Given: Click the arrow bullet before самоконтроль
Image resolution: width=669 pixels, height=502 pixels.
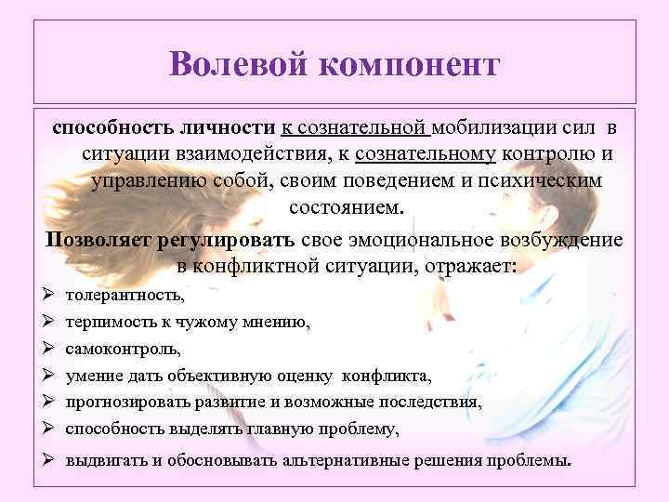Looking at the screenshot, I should coord(48,350).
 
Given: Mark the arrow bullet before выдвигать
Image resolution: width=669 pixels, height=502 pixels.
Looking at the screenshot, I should coord(48,461).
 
